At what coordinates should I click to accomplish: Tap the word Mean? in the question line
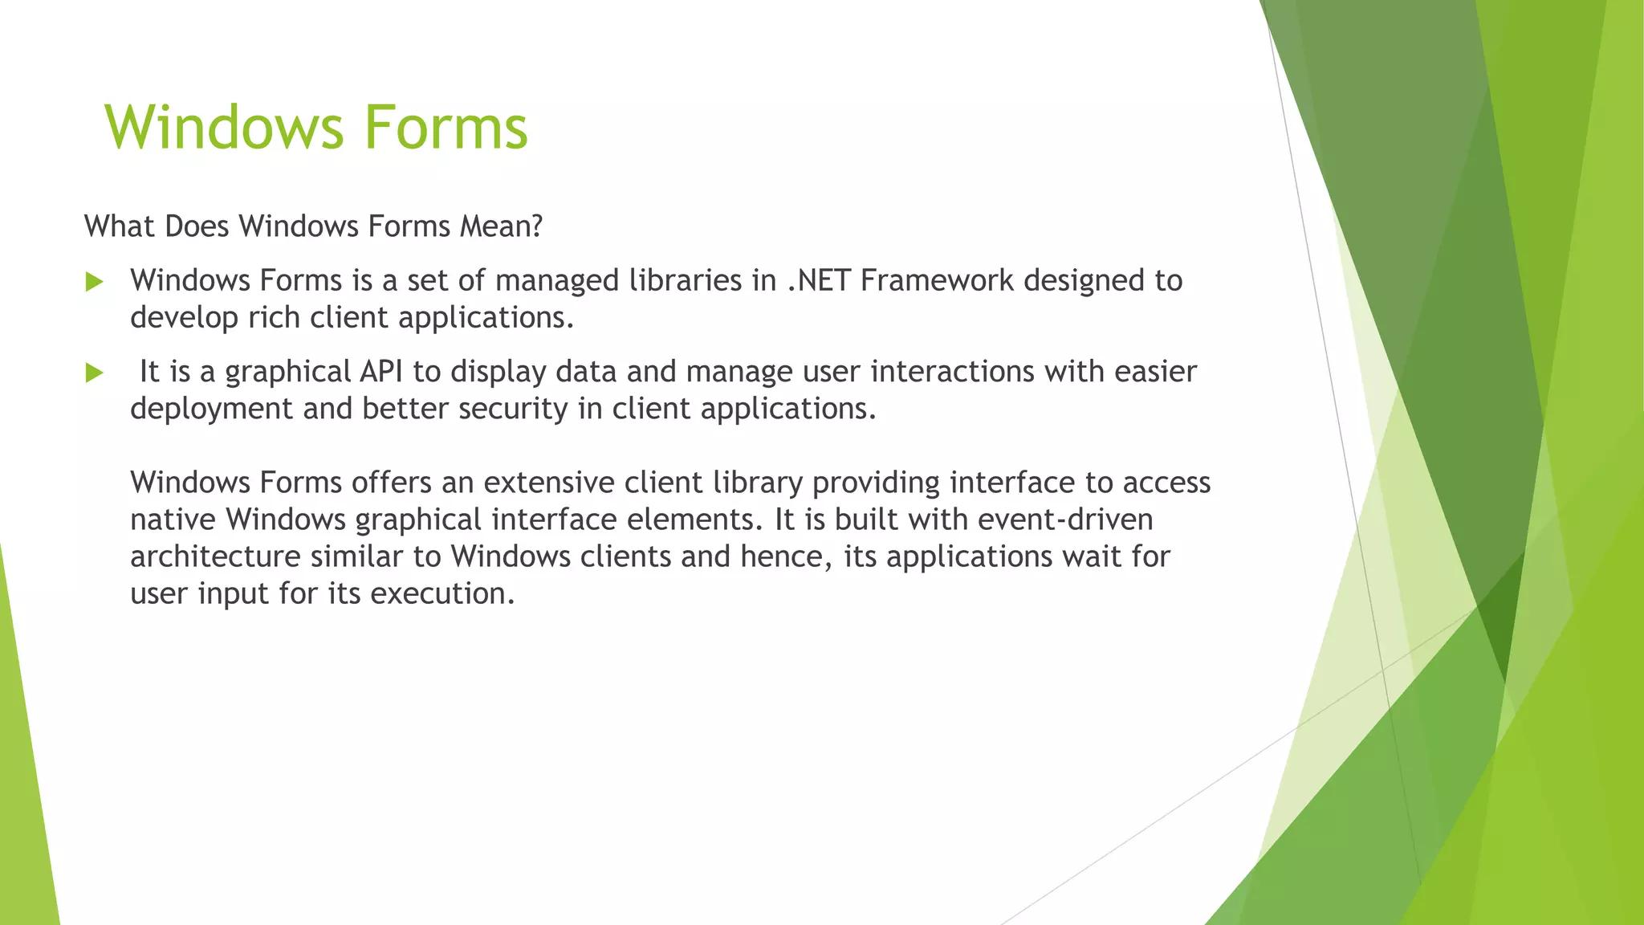pos(501,226)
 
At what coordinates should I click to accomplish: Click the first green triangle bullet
pos(95,282)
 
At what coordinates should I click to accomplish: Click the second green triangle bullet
pos(95,373)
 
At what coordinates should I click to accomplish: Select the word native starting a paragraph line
pos(173,520)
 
